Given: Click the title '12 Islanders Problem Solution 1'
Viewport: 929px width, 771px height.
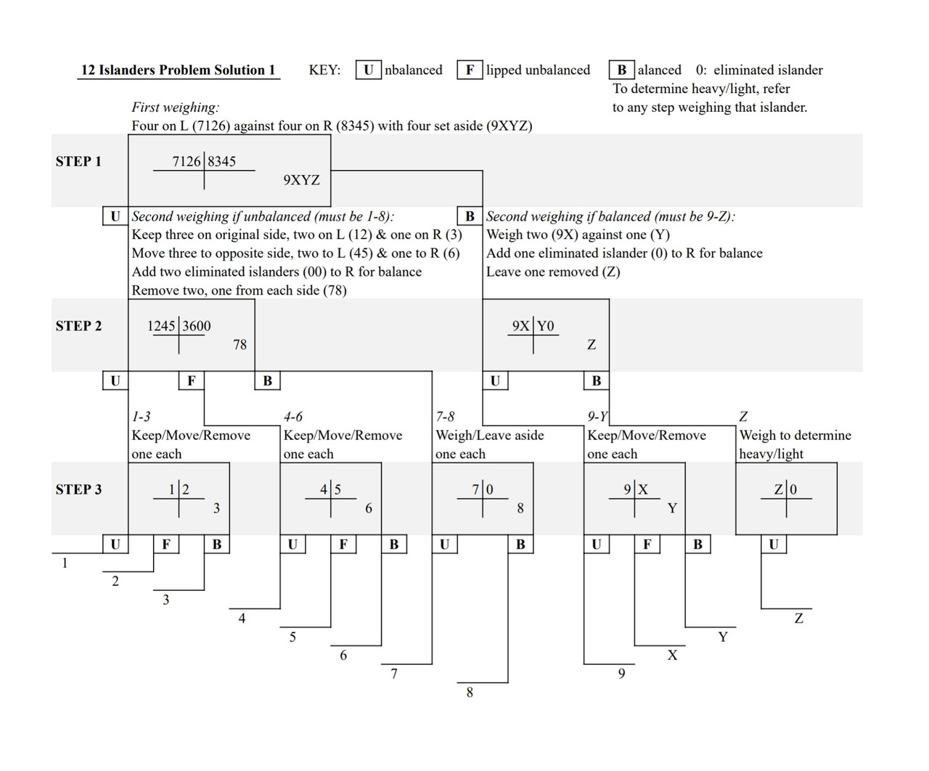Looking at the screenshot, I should (179, 70).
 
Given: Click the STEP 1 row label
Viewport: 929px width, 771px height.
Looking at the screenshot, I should (78, 161).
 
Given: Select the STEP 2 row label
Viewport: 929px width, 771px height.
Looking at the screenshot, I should (78, 326).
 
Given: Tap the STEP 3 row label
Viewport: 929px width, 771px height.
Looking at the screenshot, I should (78, 489).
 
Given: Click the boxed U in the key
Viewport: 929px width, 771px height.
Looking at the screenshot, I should (369, 70).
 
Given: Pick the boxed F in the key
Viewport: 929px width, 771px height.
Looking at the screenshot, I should (470, 70).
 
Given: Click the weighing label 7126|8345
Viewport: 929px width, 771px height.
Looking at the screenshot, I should (204, 162).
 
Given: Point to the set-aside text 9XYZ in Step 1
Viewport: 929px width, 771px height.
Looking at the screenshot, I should (301, 180).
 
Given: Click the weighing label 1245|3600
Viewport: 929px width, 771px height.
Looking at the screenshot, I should (179, 326).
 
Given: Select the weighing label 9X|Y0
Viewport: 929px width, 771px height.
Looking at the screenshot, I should (533, 326).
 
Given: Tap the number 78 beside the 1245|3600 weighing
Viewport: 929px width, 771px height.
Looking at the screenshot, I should (240, 345).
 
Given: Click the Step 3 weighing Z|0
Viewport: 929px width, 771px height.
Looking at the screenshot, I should (785, 489).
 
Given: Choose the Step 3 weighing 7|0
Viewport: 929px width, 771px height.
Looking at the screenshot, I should (483, 489).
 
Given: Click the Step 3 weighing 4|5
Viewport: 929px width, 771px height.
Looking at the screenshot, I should (330, 489).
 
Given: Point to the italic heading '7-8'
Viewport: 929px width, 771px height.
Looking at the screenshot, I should (445, 417).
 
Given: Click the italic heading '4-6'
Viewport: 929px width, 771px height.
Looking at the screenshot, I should (293, 417).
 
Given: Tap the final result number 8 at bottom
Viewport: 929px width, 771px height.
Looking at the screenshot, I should (470, 693).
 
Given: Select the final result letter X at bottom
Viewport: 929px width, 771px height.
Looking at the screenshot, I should (672, 656).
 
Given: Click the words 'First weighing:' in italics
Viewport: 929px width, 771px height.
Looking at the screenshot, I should (175, 107).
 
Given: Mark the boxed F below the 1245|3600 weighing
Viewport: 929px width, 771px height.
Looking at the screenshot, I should (191, 380).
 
